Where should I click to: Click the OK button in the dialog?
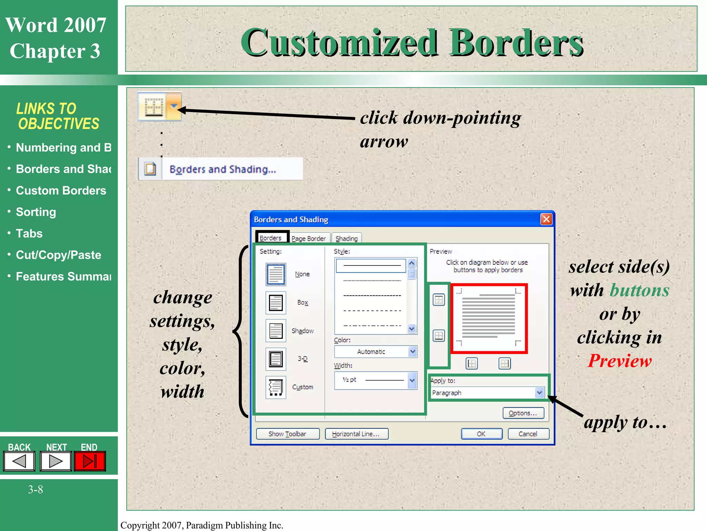(x=481, y=434)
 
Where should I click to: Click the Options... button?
(x=523, y=413)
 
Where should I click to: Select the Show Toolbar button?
(x=288, y=434)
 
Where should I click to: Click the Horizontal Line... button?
(x=356, y=434)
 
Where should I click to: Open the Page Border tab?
(x=308, y=239)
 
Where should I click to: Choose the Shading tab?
(x=347, y=239)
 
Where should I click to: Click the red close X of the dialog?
(x=546, y=219)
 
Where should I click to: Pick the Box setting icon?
(x=275, y=303)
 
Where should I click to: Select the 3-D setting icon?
(x=275, y=359)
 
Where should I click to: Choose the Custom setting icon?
(x=275, y=387)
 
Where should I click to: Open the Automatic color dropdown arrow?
(x=413, y=352)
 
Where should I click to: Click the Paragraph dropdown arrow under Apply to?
(x=539, y=393)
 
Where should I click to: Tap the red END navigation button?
(x=90, y=461)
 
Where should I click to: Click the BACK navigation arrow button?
(x=19, y=461)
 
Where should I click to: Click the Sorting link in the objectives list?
(x=36, y=212)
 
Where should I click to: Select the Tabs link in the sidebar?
(x=29, y=233)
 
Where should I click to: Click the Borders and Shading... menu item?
(x=223, y=169)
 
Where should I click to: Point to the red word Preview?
(x=620, y=361)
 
